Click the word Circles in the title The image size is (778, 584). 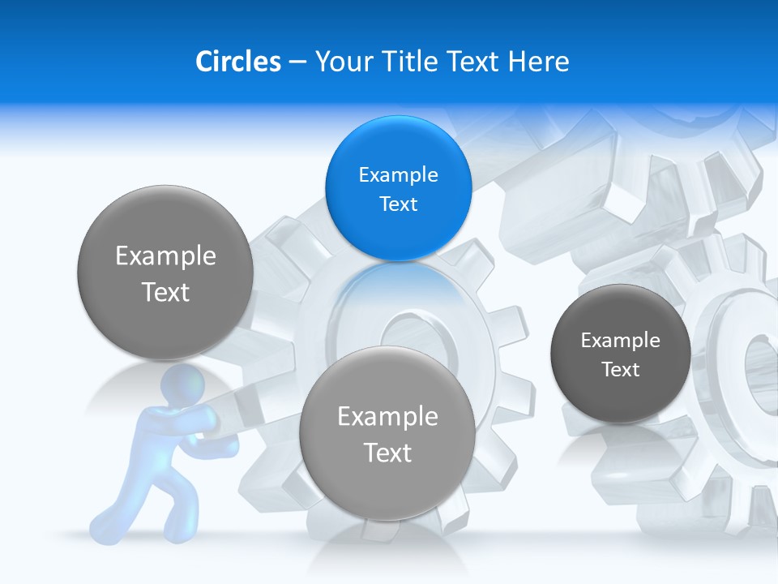[x=237, y=61]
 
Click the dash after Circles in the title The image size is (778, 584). [x=297, y=62]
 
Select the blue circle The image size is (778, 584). [x=398, y=188]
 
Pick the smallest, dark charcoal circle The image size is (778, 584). [x=620, y=354]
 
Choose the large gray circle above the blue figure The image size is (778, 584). [x=165, y=273]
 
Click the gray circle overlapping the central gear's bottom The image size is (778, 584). [x=387, y=433]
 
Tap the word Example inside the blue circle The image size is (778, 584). [x=398, y=174]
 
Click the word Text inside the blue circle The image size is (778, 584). [x=398, y=204]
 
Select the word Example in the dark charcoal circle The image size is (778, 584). [x=620, y=340]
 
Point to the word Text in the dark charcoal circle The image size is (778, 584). [x=620, y=369]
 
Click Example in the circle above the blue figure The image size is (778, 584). [x=165, y=255]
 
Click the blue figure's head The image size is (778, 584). [x=184, y=385]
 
